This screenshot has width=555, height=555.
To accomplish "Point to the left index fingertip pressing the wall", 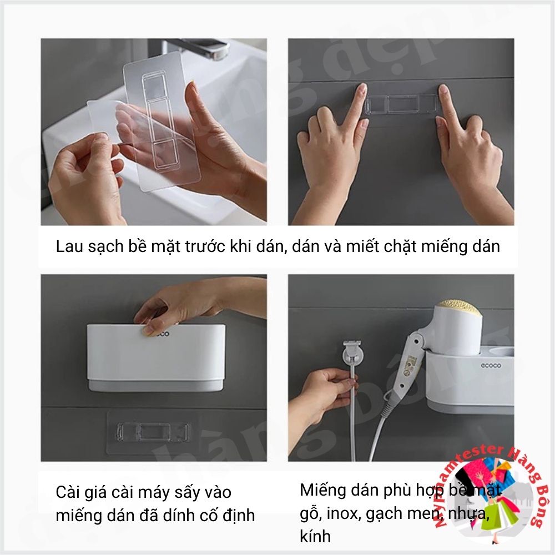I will (x=361, y=89).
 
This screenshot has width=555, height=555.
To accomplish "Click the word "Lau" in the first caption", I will (x=69, y=247).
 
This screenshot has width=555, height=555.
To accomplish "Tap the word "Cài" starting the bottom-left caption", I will (x=68, y=492).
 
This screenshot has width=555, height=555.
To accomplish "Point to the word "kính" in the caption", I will (x=315, y=536).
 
